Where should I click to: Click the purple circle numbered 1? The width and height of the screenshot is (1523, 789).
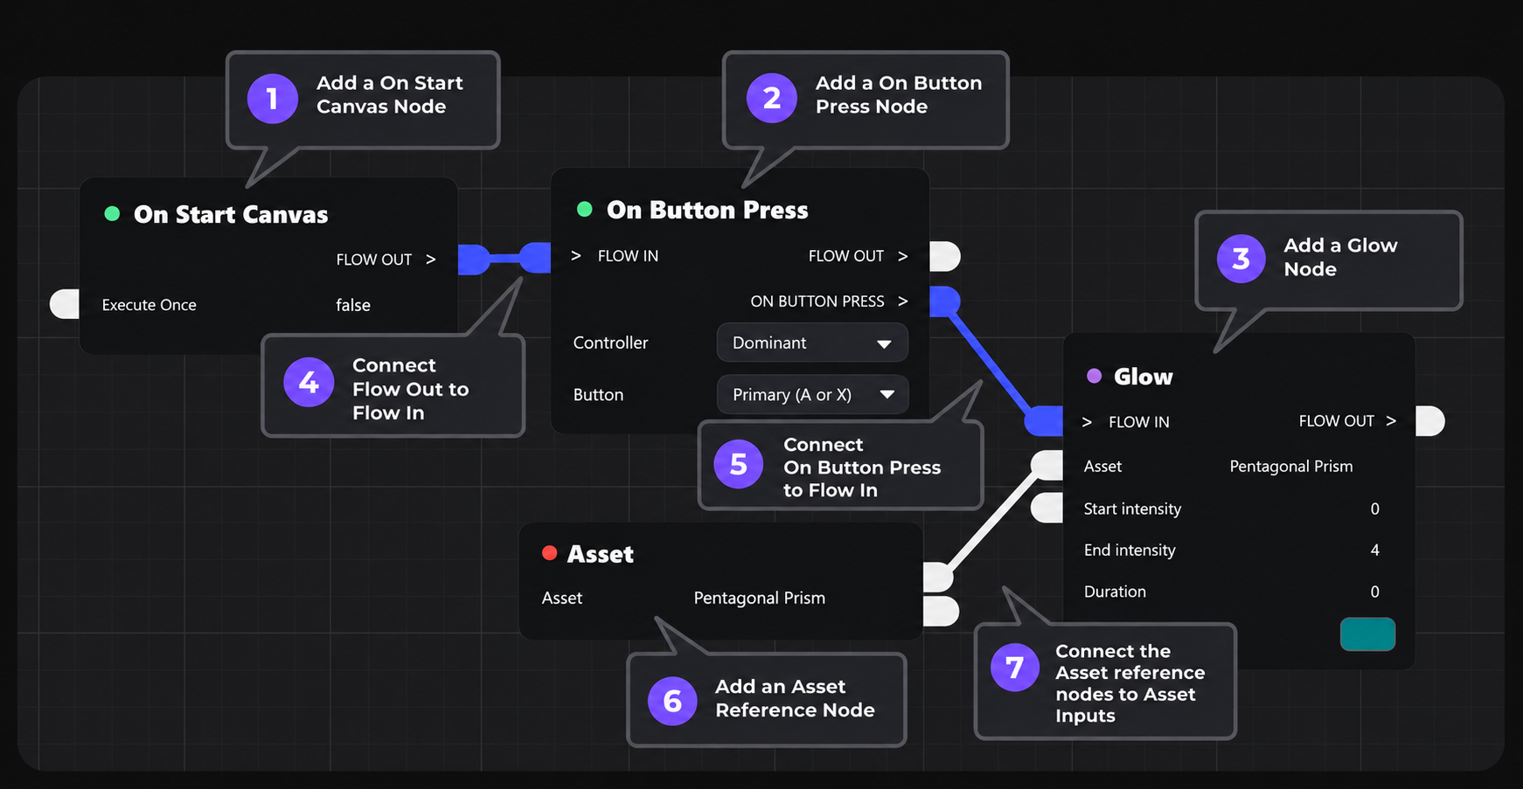tap(273, 99)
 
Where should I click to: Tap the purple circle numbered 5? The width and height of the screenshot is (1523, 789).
tap(739, 464)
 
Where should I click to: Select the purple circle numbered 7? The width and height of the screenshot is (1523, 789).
tap(1015, 667)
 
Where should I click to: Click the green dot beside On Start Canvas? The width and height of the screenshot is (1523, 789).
tap(112, 214)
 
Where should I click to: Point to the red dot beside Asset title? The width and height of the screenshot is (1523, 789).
tap(549, 552)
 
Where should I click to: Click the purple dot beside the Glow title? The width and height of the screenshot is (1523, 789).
tap(1094, 376)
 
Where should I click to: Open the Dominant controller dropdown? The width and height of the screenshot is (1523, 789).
tap(812, 343)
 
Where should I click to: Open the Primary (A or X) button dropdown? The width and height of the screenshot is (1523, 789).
tap(812, 395)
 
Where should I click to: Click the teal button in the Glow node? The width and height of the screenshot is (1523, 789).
tap(1367, 634)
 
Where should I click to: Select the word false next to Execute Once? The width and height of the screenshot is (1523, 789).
tap(353, 305)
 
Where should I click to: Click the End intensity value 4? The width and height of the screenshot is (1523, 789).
tap(1374, 550)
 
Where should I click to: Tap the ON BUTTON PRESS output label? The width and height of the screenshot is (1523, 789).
tap(817, 301)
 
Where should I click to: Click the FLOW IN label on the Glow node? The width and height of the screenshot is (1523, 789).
tap(1139, 422)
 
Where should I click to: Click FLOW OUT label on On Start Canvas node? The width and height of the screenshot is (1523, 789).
tap(374, 260)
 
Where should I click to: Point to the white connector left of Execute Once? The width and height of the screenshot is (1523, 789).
tap(65, 304)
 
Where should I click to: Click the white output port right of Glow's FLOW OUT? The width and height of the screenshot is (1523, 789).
tap(1430, 421)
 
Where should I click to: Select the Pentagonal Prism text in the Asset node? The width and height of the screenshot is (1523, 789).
tap(759, 599)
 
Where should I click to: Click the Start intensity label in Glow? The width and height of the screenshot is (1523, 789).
tap(1132, 509)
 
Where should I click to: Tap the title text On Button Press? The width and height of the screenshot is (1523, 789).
tap(707, 210)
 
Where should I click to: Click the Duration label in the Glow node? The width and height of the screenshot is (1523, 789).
tap(1115, 592)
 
